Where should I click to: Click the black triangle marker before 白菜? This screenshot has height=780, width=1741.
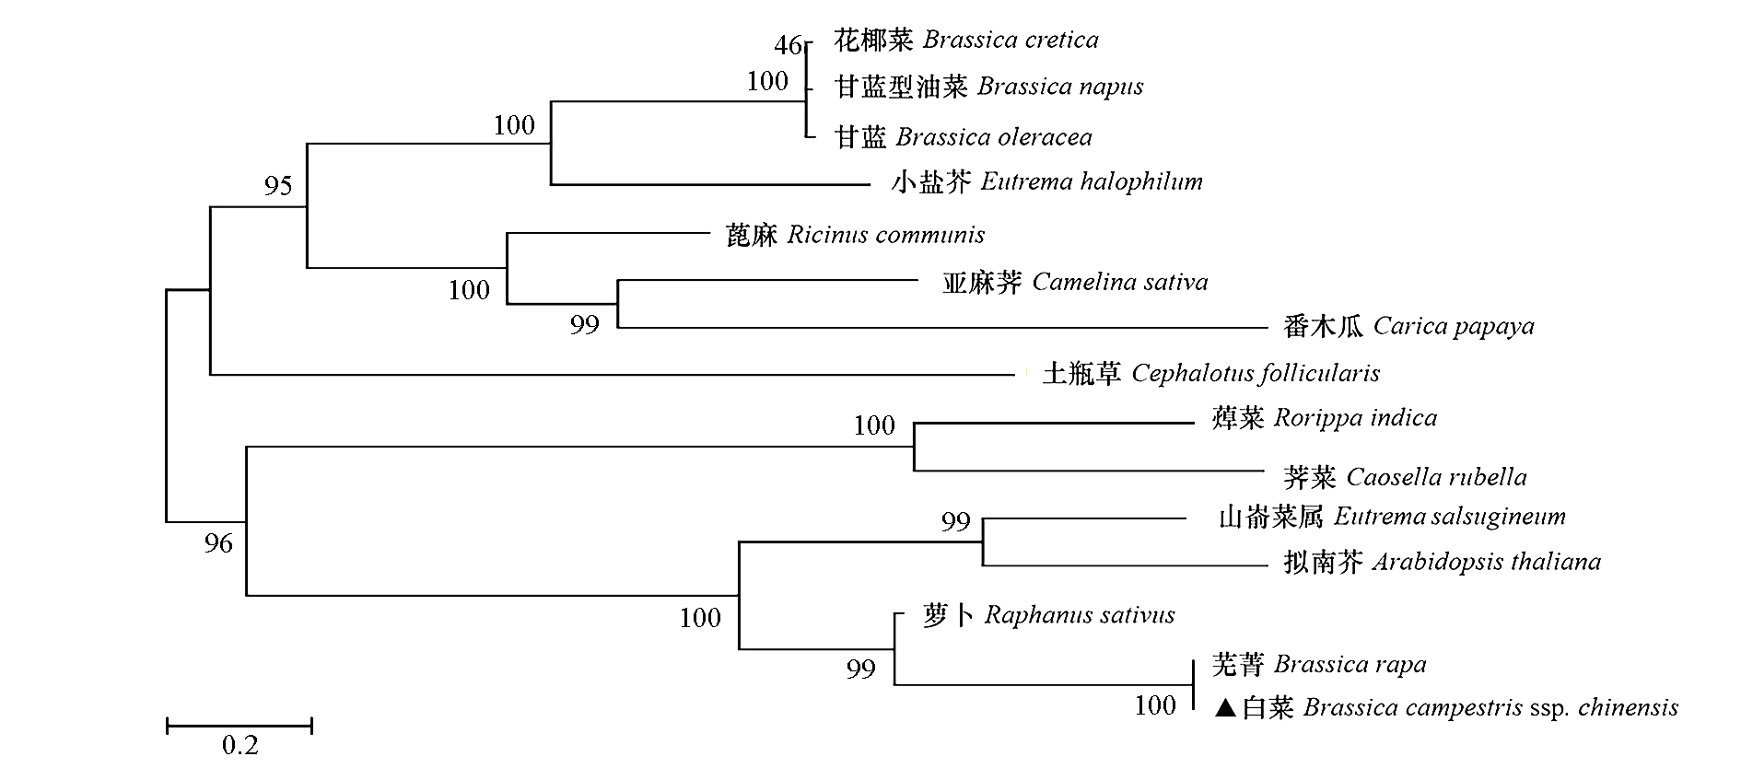click(1224, 708)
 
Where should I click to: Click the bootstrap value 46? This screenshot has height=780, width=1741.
click(788, 44)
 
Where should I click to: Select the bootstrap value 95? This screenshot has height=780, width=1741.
click(278, 186)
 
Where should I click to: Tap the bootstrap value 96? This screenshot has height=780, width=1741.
click(218, 543)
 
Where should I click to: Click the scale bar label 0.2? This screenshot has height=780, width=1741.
click(240, 745)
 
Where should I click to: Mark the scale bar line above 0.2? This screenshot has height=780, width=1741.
click(240, 726)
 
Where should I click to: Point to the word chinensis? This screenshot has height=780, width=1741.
click(1628, 708)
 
